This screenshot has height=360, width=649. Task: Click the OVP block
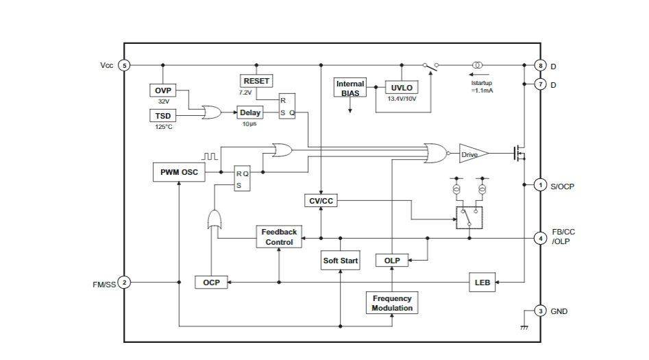(x=162, y=91)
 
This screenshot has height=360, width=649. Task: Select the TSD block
(x=162, y=116)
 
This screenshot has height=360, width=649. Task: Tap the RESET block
(x=256, y=81)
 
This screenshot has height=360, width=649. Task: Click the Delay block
(x=250, y=112)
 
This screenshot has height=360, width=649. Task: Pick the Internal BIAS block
(x=350, y=88)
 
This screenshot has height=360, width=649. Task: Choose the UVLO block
(x=402, y=88)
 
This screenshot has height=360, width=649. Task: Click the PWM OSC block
(x=179, y=172)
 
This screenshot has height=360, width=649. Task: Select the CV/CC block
(x=321, y=200)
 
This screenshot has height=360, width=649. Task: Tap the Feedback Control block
(x=279, y=237)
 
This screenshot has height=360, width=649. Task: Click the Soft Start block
(x=341, y=261)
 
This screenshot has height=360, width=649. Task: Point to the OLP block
(x=392, y=261)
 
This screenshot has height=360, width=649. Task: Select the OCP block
(x=211, y=283)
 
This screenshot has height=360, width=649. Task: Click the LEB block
(x=482, y=282)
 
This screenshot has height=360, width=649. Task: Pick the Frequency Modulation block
(x=392, y=303)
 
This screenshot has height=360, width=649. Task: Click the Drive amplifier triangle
(x=472, y=154)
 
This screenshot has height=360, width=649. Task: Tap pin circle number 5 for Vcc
(x=124, y=66)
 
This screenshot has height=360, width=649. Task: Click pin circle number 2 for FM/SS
(x=124, y=282)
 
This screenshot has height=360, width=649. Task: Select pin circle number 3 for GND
(x=540, y=311)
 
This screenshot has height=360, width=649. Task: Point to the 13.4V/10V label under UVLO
(x=402, y=99)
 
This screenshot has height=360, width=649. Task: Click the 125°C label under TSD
(x=162, y=127)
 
